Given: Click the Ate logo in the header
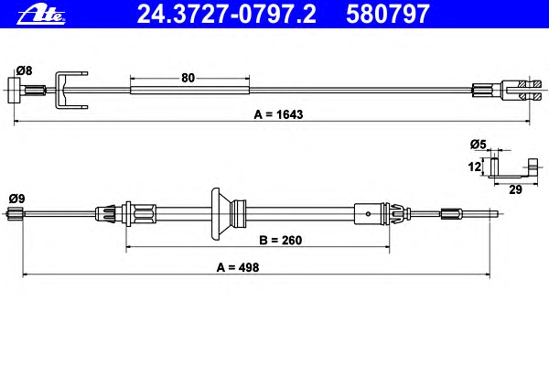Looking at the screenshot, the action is point(41,15).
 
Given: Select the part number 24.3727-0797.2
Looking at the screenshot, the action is point(227,15).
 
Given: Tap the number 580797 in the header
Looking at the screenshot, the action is point(388,15).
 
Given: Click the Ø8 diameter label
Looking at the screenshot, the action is point(24,70).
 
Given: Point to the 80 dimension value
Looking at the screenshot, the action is point(188,78).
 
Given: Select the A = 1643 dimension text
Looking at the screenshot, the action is point(279,114).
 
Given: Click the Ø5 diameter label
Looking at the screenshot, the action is point(479,144).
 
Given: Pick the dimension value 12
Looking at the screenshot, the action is point(474,167).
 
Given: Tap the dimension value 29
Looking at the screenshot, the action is point(515,189).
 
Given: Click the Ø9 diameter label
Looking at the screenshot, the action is point(16,199).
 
